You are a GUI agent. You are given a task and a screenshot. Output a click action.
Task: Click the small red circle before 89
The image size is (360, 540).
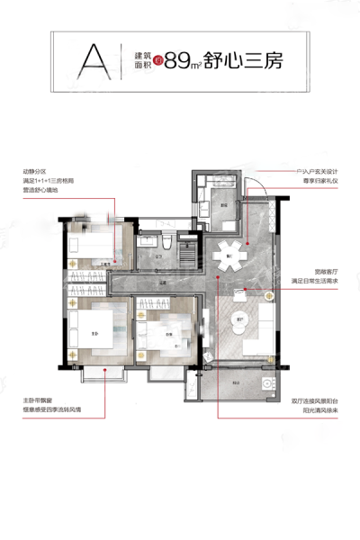coord(157,61)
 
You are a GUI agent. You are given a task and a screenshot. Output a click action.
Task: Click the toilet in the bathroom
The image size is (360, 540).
coord(168,244)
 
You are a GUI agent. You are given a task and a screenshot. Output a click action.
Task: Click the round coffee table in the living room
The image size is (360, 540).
coord(240,319)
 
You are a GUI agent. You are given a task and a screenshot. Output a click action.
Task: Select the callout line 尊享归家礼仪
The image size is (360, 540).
coord(311,180)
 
